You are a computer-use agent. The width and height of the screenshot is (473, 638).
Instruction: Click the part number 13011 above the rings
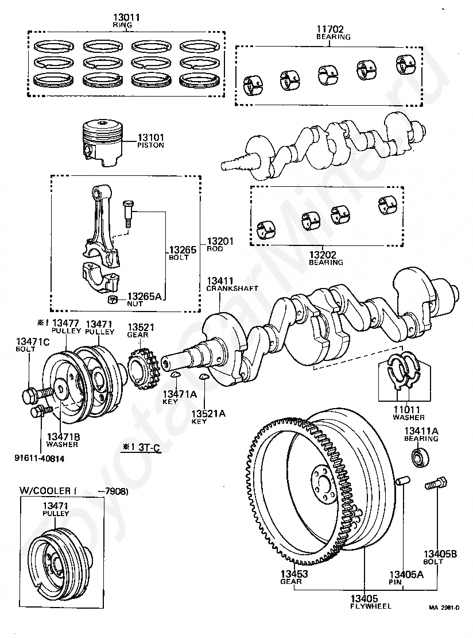[126, 17]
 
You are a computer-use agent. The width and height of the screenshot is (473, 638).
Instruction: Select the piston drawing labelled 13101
[103, 143]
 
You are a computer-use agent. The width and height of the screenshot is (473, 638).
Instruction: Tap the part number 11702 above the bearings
[330, 29]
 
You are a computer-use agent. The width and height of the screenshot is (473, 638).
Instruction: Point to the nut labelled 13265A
[112, 300]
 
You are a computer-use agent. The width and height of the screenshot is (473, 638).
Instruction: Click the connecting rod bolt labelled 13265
[127, 213]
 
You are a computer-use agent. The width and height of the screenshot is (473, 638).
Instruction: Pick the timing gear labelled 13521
[142, 368]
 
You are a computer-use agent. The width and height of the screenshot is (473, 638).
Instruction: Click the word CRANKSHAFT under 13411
[232, 288]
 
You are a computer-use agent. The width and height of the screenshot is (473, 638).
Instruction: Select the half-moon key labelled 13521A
[204, 378]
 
